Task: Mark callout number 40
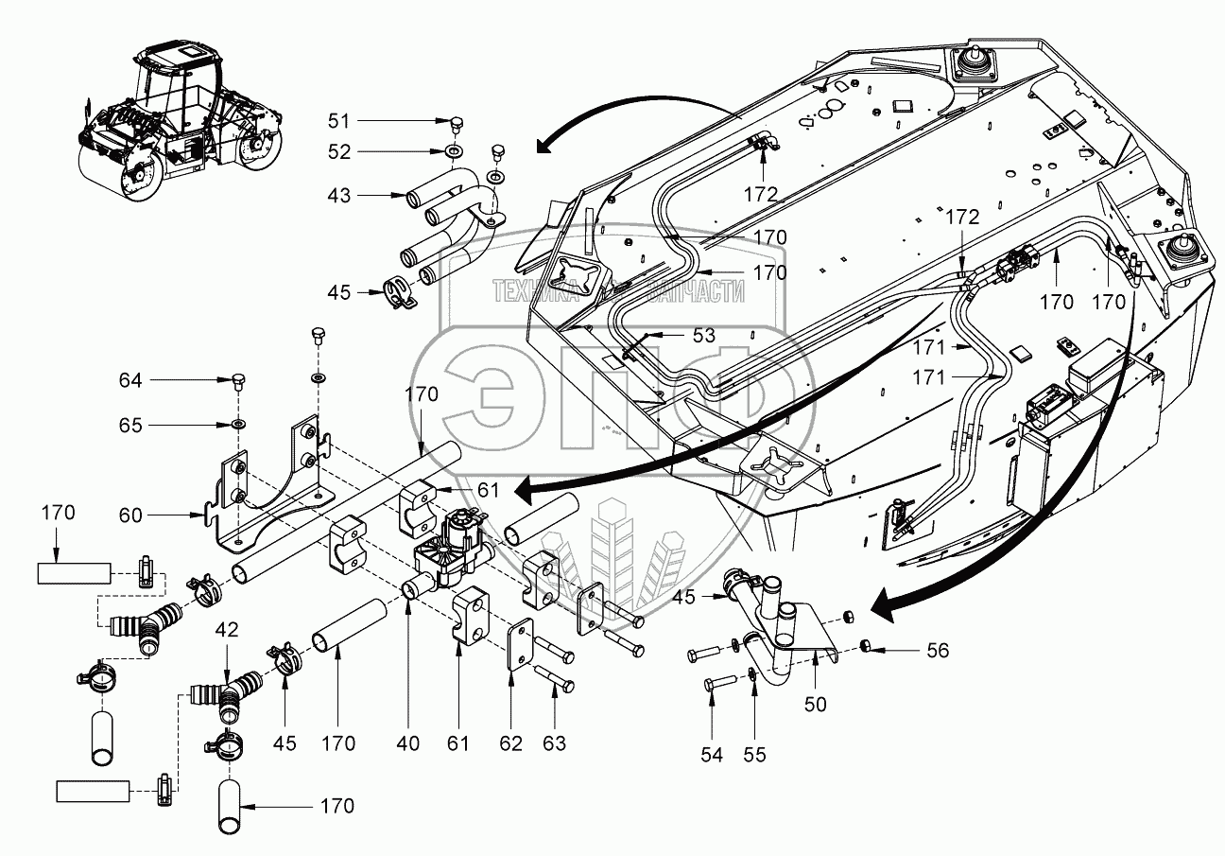coord(407,743)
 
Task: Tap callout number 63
coord(554,743)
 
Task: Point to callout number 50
coord(815,705)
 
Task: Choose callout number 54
coord(713,754)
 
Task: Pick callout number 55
coord(754,754)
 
